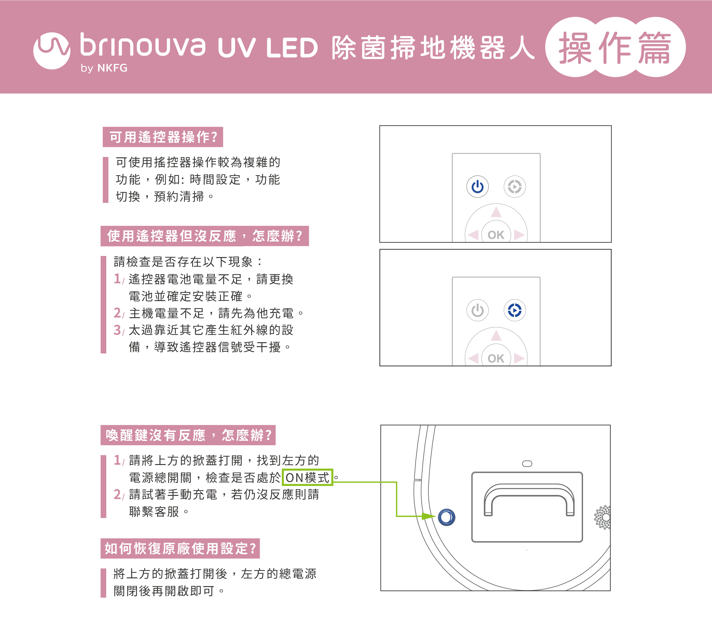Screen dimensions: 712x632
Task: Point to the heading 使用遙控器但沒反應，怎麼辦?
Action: [204, 236]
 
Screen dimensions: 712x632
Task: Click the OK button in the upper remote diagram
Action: [496, 234]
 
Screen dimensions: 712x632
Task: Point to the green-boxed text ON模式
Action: [307, 477]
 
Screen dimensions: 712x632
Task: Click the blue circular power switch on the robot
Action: [447, 517]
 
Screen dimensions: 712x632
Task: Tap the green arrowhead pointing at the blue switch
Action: [429, 516]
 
